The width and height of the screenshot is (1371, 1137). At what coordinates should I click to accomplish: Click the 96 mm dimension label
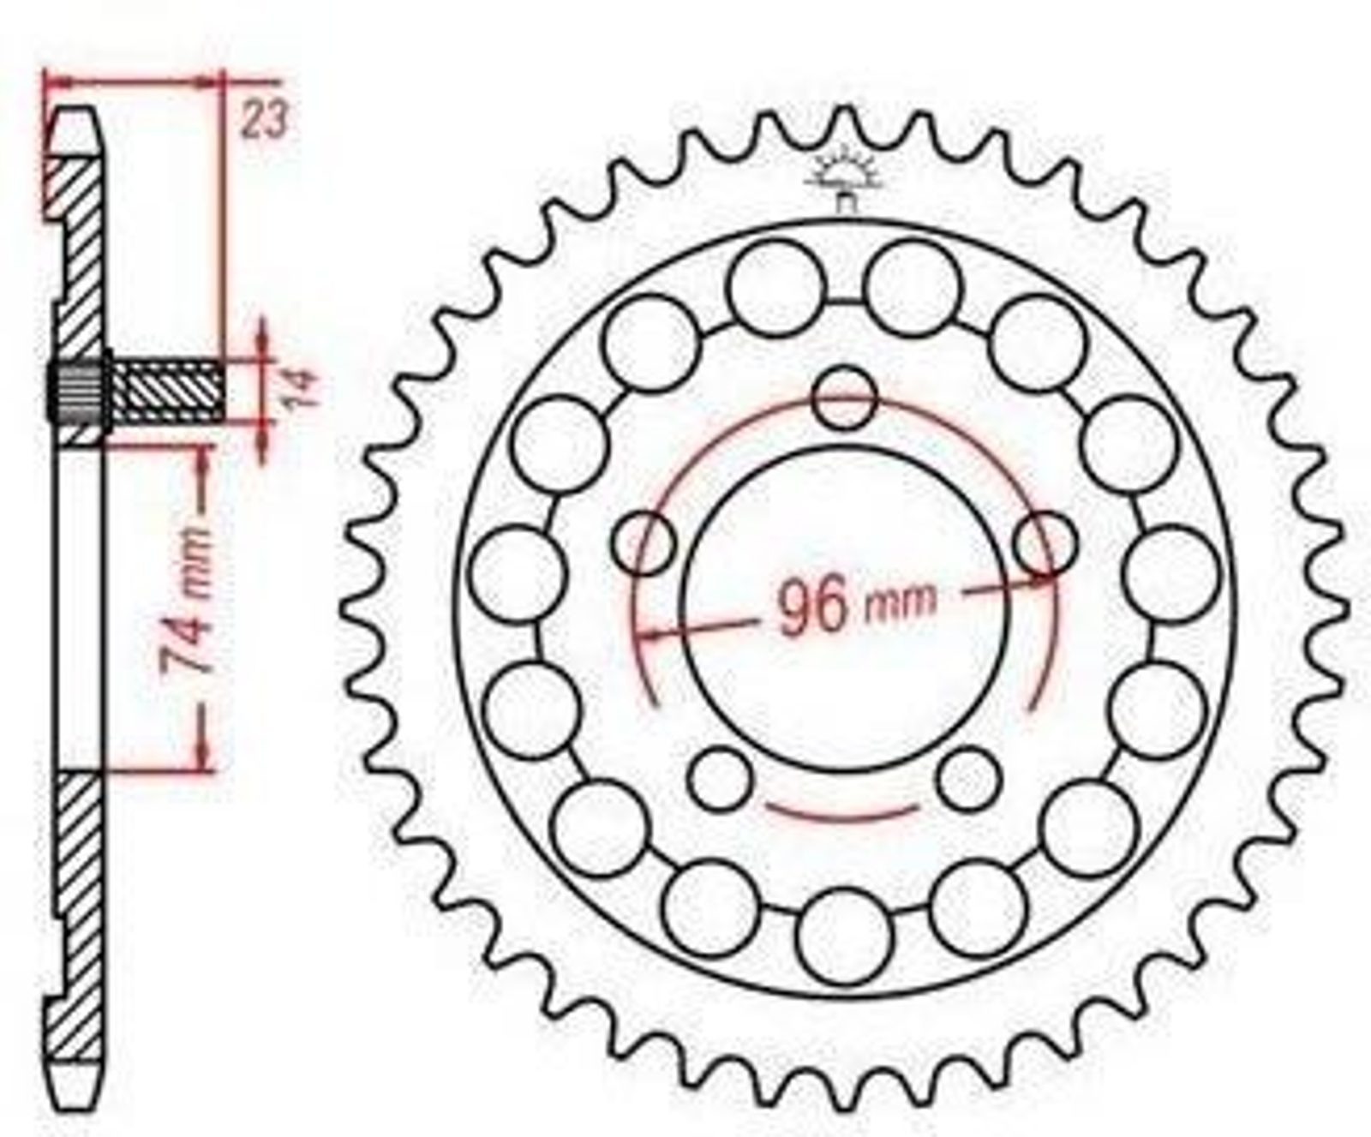point(855,604)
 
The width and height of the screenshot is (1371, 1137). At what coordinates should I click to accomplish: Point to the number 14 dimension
point(303,387)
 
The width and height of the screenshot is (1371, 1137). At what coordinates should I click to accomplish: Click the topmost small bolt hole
point(845,398)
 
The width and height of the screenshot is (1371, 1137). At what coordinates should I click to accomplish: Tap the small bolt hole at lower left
point(721,778)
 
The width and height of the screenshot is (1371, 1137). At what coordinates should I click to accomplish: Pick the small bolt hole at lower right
point(969,778)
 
